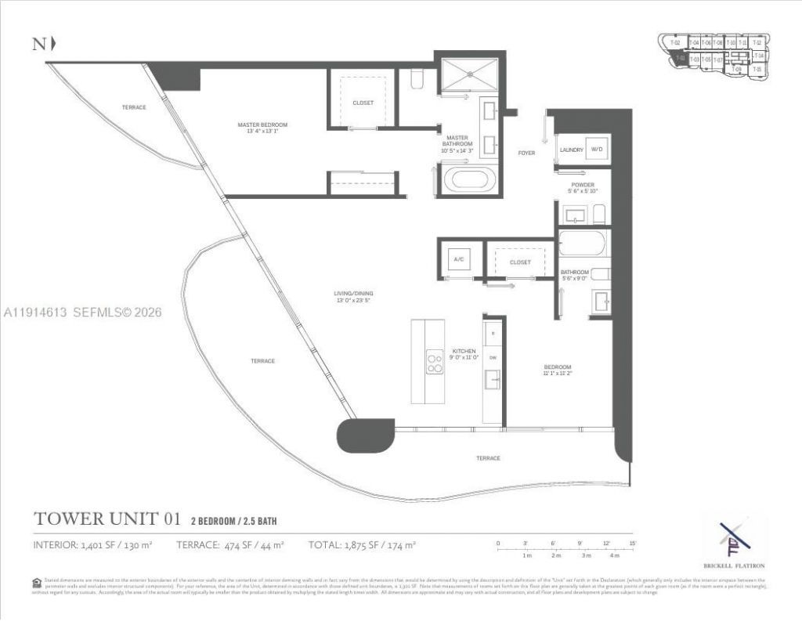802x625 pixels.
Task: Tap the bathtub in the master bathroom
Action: (470, 179)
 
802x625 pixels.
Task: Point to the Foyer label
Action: (526, 153)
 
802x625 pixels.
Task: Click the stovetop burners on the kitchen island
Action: (434, 361)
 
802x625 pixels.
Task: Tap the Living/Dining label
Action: (351, 296)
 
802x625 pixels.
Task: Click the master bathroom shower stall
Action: (468, 76)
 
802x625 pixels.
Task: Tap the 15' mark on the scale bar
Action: (631, 543)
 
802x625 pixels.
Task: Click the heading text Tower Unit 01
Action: (108, 518)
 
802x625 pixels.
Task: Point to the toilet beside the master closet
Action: (417, 78)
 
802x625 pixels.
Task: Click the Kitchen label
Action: (464, 354)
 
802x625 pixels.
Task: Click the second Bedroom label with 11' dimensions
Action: (558, 370)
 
